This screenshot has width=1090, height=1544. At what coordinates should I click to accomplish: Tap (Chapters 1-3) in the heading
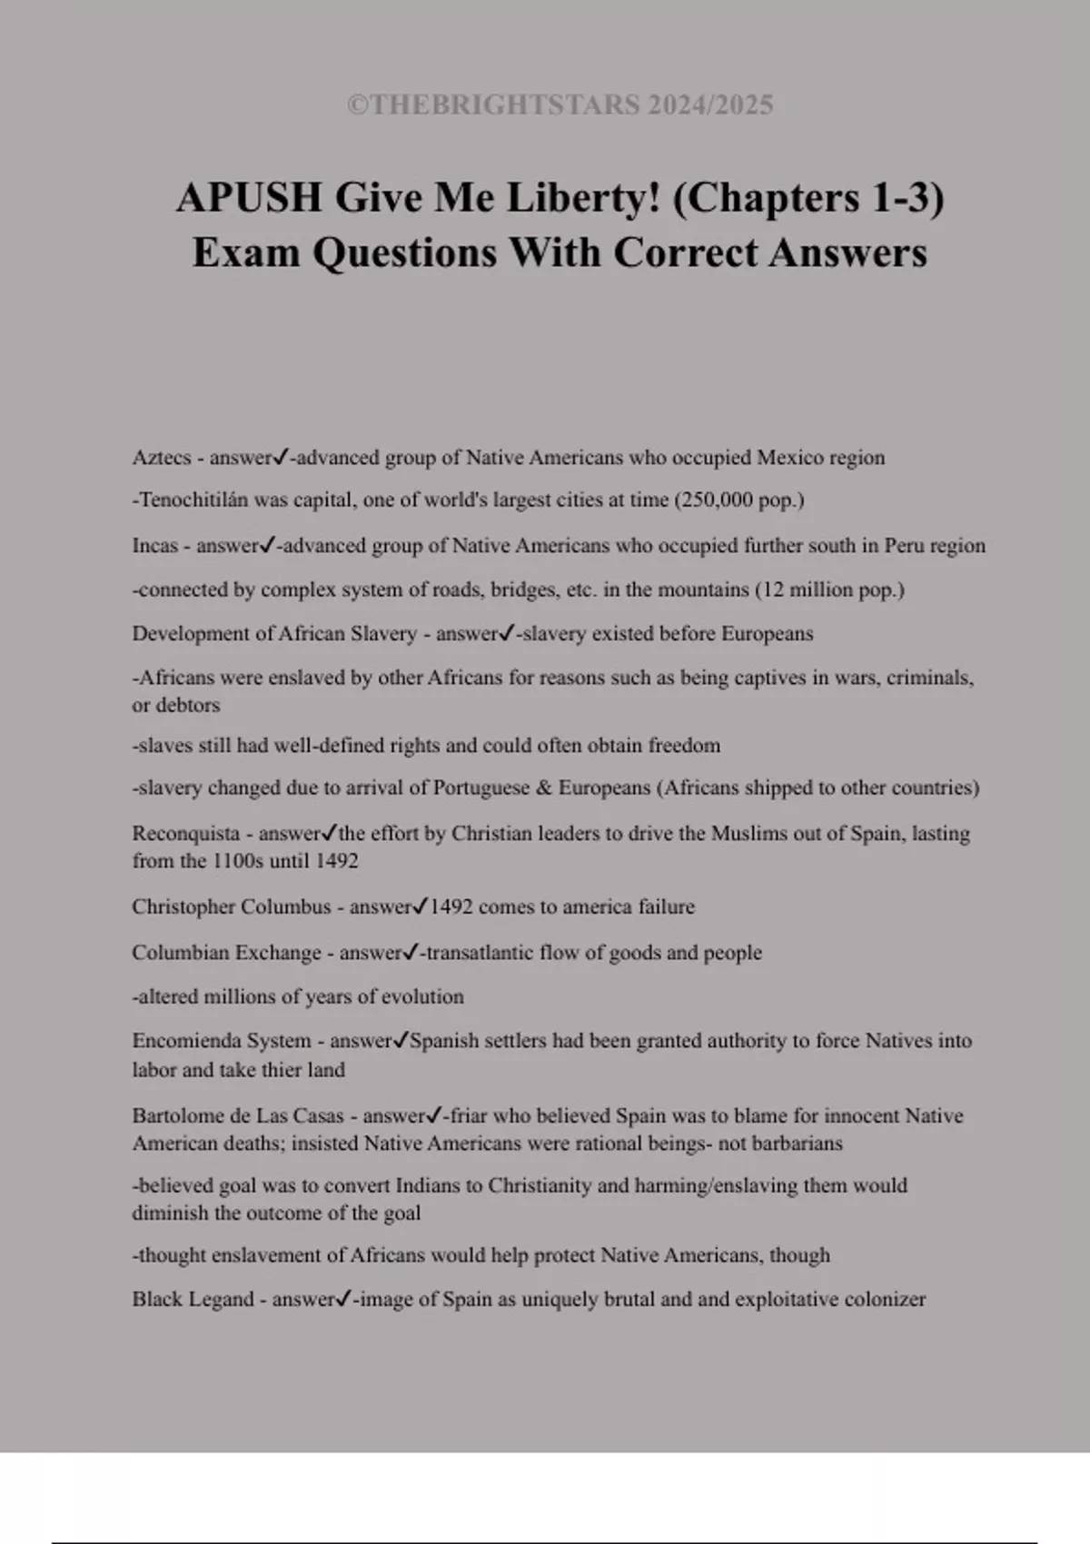(x=808, y=198)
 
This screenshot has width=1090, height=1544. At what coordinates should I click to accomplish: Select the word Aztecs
(x=162, y=458)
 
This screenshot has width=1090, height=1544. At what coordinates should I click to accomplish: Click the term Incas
(x=154, y=546)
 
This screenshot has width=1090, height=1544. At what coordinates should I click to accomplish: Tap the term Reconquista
(x=186, y=834)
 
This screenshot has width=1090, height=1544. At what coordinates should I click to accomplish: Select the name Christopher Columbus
(x=232, y=906)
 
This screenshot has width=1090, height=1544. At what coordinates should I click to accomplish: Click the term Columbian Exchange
(x=226, y=953)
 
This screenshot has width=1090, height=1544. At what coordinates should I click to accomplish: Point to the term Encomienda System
(x=222, y=1041)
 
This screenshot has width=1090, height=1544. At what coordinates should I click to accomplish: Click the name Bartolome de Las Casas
(x=238, y=1115)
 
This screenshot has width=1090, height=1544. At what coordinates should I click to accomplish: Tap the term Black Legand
(x=193, y=1299)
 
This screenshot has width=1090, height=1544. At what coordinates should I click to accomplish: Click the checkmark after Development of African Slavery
(x=507, y=633)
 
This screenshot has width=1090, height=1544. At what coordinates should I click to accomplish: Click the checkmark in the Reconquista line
(x=330, y=833)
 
